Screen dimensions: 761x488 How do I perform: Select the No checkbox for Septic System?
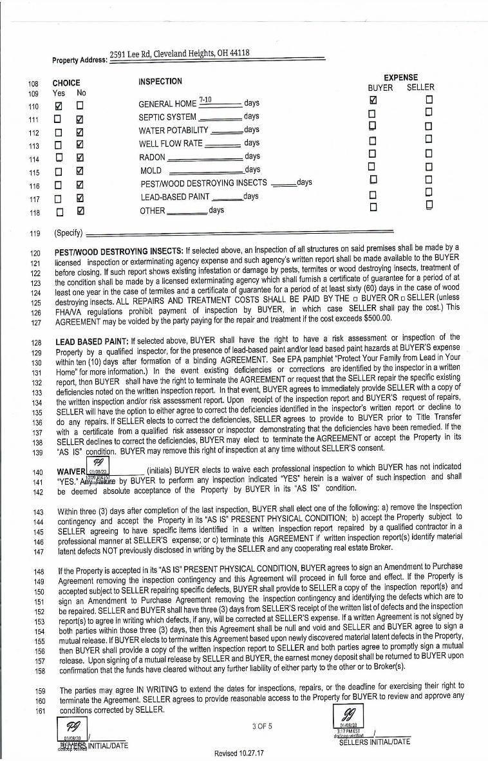80,118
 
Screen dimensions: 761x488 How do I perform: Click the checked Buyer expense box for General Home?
371,101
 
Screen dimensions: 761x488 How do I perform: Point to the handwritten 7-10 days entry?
206,100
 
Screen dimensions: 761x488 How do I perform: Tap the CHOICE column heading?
66,83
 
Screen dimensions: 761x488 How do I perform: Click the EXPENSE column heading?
400,77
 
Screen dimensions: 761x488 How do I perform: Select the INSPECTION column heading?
160,82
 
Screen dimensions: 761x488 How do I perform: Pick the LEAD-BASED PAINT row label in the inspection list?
174,197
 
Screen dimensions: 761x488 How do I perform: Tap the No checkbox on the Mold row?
80,171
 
